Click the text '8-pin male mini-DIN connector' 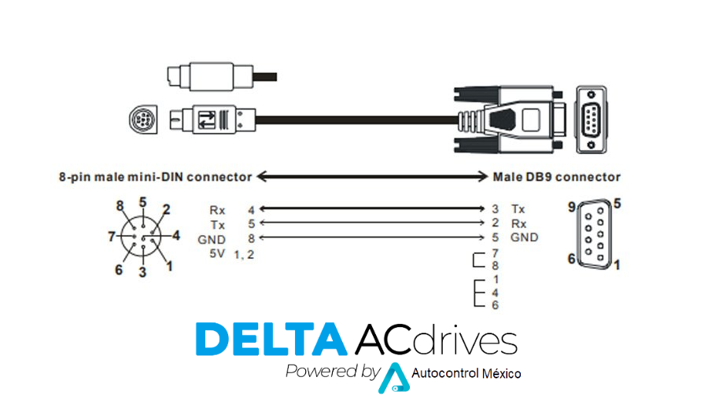(x=155, y=177)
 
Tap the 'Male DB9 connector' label (x=556, y=177)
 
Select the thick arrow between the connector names (x=373, y=176)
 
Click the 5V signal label (x=217, y=254)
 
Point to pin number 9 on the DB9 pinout (x=572, y=207)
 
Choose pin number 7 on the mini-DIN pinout (x=112, y=236)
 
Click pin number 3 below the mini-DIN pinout (x=142, y=272)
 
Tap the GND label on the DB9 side (x=524, y=238)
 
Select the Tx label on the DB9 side (x=518, y=209)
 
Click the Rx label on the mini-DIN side (x=217, y=210)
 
